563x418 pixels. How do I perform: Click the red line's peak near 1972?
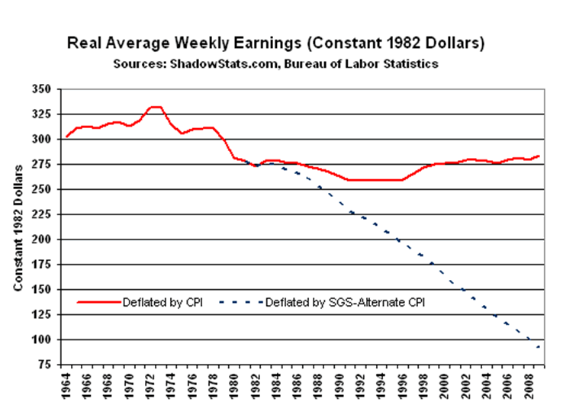click(155, 107)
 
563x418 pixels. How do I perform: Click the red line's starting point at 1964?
click(67, 137)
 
